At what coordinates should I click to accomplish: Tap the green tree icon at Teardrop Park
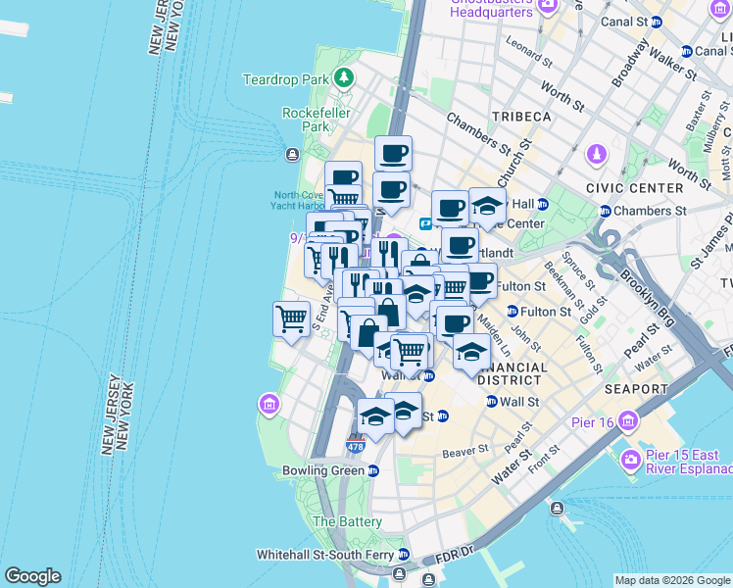343,77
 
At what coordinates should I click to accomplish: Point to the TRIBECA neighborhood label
521,117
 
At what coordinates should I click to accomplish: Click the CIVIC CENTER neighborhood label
634,187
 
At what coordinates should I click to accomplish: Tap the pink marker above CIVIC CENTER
596,155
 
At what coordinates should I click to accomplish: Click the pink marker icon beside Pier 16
628,422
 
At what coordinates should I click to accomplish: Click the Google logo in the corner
32,576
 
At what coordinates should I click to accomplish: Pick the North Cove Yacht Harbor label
300,200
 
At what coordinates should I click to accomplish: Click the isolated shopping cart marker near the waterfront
292,318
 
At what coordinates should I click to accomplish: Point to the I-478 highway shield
355,446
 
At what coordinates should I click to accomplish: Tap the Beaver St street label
464,450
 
